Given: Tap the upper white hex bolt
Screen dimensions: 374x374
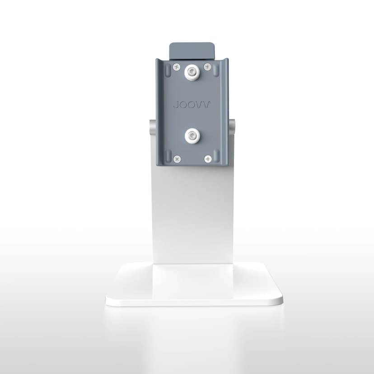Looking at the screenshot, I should pyautogui.click(x=192, y=71).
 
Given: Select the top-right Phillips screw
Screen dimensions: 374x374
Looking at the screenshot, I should pyautogui.click(x=207, y=67).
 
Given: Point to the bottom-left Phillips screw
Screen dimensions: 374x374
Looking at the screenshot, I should pyautogui.click(x=177, y=159).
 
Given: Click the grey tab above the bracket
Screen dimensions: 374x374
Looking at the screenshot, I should pyautogui.click(x=192, y=50).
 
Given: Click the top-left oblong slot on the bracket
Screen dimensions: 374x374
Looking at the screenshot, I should pyautogui.click(x=168, y=70).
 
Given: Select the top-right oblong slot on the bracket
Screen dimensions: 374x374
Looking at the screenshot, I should pyautogui.click(x=216, y=70).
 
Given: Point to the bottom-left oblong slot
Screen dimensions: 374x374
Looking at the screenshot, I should pyautogui.click(x=168, y=156).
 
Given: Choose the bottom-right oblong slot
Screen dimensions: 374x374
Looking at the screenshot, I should pyautogui.click(x=216, y=156).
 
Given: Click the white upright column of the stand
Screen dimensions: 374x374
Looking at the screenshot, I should pyautogui.click(x=192, y=212).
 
